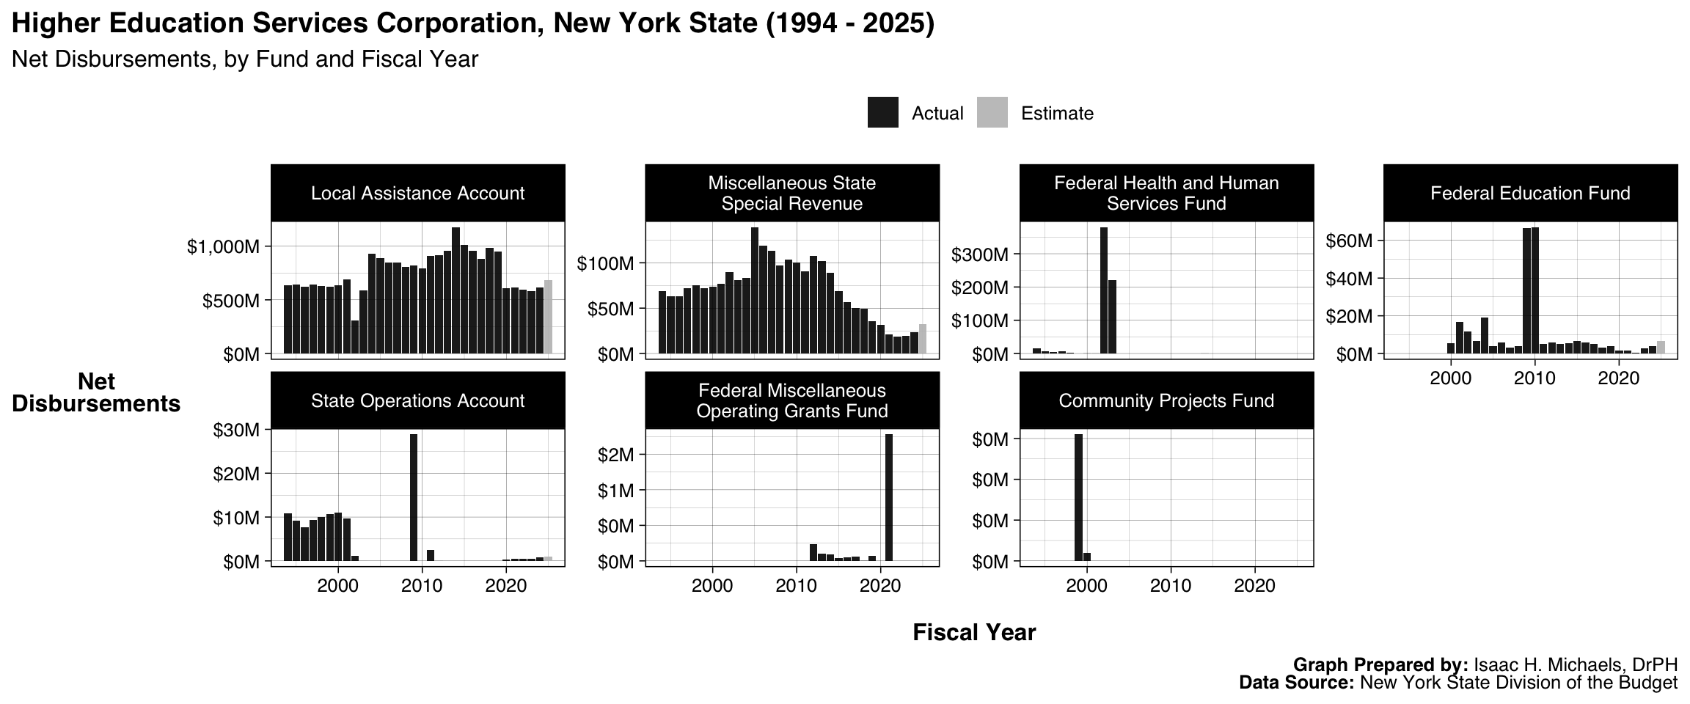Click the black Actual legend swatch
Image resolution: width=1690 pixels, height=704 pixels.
(882, 113)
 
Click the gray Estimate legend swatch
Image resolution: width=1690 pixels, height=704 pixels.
(992, 113)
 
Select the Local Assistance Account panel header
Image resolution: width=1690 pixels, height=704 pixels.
(417, 193)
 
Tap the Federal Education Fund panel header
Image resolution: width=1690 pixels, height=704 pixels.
(1530, 193)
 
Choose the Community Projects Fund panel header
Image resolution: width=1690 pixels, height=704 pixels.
(1166, 400)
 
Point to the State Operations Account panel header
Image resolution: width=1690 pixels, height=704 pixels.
(417, 400)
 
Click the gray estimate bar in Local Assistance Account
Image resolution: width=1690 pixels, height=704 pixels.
(548, 317)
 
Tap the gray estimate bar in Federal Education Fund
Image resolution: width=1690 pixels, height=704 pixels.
(1661, 348)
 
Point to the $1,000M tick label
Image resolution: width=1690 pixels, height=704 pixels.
(223, 247)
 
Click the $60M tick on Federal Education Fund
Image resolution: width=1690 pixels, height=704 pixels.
(1349, 241)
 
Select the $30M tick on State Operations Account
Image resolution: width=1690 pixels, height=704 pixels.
(236, 430)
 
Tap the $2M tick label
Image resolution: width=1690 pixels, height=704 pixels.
(616, 455)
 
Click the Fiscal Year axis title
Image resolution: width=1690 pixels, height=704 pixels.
(974, 632)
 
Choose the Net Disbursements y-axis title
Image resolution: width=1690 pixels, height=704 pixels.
(96, 392)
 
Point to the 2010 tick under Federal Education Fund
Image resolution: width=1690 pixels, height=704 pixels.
(1534, 378)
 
